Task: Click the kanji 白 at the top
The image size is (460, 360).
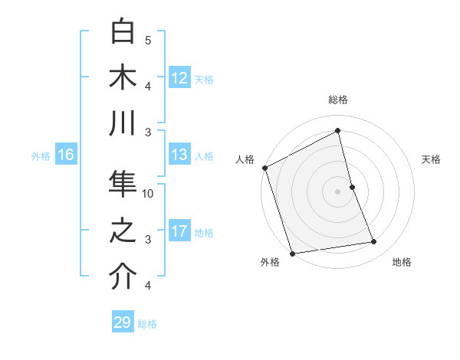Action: click(x=123, y=31)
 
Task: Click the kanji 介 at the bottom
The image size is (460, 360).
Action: click(x=123, y=278)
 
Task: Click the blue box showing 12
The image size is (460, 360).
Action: click(x=179, y=77)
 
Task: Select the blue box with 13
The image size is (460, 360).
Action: click(x=179, y=155)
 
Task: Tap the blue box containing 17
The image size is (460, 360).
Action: click(x=179, y=231)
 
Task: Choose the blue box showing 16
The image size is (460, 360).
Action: click(x=65, y=155)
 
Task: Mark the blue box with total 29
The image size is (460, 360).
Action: click(x=123, y=322)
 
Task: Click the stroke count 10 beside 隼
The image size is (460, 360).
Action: click(x=149, y=194)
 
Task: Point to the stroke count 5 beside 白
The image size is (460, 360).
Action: click(x=148, y=39)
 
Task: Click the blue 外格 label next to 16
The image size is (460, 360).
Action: click(x=41, y=155)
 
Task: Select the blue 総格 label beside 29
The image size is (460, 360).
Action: click(x=147, y=323)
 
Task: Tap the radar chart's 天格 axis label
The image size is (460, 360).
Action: click(x=432, y=159)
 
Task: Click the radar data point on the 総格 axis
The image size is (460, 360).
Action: click(x=338, y=131)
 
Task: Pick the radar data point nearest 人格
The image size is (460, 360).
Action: click(x=264, y=168)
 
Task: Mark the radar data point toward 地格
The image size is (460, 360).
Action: click(x=374, y=242)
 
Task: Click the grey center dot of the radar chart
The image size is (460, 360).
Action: click(x=338, y=191)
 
